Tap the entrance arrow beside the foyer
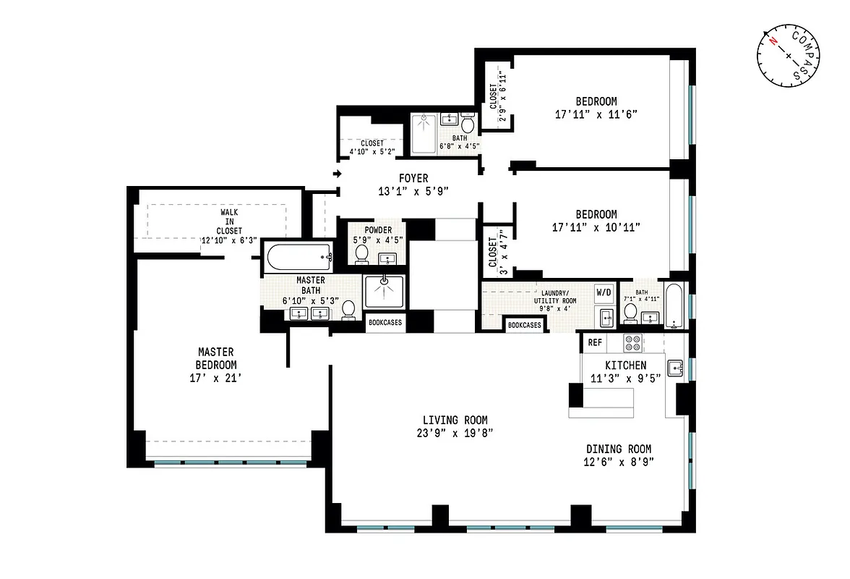[x=337, y=174]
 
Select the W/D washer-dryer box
[x=604, y=292]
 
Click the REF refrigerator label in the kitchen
[x=595, y=342]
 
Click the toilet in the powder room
[x=362, y=254]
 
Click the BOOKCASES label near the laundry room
[x=524, y=325]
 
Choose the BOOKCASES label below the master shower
[x=385, y=323]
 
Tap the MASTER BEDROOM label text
[x=216, y=358]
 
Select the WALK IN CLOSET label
[x=229, y=221]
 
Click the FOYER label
[x=413, y=178]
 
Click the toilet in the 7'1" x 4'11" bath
[x=630, y=312]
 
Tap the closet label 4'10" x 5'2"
[x=372, y=148]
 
